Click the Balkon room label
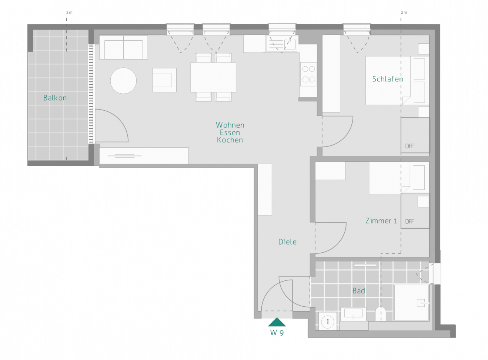pyautogui.click(x=55, y=98)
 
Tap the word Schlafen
pyautogui.click(x=388, y=79)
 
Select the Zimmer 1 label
pyautogui.click(x=381, y=221)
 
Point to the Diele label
pyautogui.click(x=287, y=242)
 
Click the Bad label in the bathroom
pyautogui.click(x=359, y=291)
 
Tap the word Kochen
pyautogui.click(x=230, y=140)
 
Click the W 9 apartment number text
pyautogui.click(x=277, y=333)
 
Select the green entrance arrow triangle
pyautogui.click(x=277, y=322)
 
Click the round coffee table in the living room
pyautogui.click(x=123, y=81)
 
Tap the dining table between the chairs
pyautogui.click(x=213, y=77)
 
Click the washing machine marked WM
pyautogui.click(x=328, y=321)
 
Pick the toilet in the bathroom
pyautogui.click(x=380, y=314)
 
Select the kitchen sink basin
pyautogui.click(x=290, y=44)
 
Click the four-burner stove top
pyautogui.click(x=308, y=74)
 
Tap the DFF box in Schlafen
pyautogui.click(x=415, y=135)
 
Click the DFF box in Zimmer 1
pyautogui.click(x=415, y=211)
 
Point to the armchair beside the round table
pyautogui.click(x=164, y=80)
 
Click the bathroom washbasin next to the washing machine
pyautogui.click(x=353, y=314)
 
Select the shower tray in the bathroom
pyautogui.click(x=411, y=303)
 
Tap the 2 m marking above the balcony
pyautogui.click(x=69, y=13)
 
